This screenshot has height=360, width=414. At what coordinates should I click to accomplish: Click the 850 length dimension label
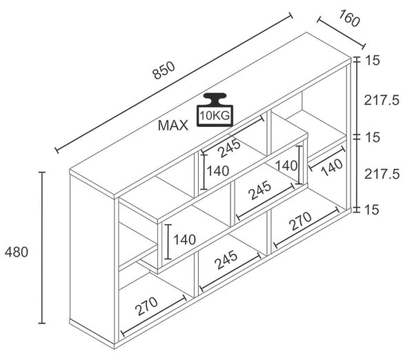164,70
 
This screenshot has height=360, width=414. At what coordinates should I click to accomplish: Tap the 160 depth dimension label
349,18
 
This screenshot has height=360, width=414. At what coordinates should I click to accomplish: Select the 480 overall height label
17,252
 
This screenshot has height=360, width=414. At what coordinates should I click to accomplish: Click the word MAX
173,126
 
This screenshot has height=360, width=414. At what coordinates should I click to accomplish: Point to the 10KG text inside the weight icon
215,116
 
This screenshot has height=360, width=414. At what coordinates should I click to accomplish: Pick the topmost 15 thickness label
373,61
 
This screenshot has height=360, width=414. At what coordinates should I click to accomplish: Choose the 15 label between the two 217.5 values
373,137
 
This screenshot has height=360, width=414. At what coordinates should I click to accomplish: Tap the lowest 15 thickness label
373,210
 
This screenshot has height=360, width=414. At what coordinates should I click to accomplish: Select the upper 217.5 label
382,101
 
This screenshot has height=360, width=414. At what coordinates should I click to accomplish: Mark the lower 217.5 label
382,174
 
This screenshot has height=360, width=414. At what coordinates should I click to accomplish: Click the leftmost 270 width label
146,306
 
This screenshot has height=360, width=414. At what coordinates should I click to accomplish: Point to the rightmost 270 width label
300,221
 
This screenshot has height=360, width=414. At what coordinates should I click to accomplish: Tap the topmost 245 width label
230,148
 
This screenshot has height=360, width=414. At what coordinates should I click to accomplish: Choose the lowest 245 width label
226,260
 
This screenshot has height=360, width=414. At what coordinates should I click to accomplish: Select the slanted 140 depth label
332,168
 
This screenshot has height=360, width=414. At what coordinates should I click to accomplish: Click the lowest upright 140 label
184,239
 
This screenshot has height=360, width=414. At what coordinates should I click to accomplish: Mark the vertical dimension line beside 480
41,248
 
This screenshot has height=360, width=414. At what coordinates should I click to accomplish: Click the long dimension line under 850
174,83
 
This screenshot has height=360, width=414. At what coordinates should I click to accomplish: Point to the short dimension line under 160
341,33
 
